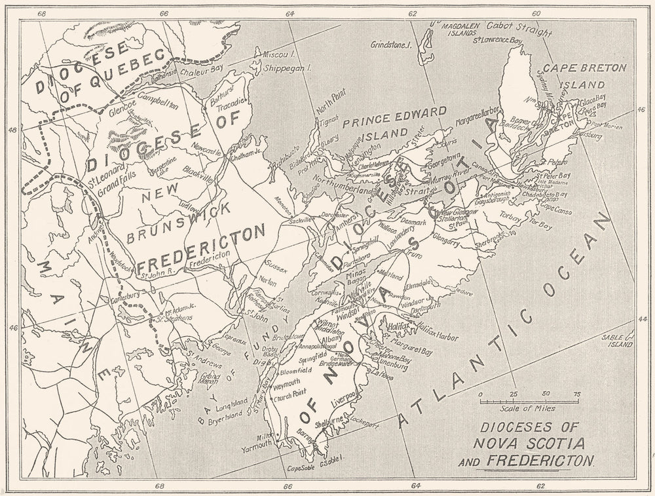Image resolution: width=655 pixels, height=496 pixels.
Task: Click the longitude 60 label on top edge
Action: tap(536, 13)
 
